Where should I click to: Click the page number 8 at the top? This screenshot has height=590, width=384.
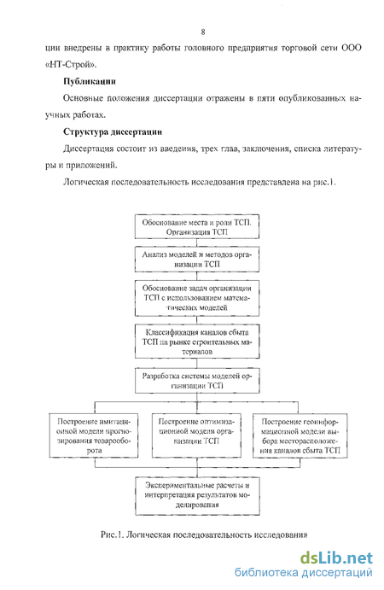click(x=203, y=32)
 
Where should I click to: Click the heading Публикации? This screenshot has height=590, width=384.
click(x=90, y=81)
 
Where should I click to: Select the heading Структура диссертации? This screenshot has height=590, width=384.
click(x=113, y=131)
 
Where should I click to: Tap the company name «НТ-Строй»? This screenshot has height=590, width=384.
click(x=71, y=64)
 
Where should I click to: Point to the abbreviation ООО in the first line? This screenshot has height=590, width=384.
click(x=352, y=48)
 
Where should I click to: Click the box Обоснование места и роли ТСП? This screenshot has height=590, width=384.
click(x=197, y=227)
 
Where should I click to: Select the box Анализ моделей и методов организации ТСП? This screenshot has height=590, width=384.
click(x=197, y=260)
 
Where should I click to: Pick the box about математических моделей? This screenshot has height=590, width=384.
click(x=197, y=298)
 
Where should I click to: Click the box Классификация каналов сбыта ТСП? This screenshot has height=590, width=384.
click(x=197, y=342)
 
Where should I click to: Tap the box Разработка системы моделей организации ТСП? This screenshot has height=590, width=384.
click(x=197, y=381)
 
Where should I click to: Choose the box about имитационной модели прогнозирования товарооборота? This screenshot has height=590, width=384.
click(x=94, y=435)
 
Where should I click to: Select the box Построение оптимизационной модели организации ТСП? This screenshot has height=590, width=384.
click(x=196, y=435)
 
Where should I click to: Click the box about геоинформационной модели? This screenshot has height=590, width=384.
click(x=300, y=435)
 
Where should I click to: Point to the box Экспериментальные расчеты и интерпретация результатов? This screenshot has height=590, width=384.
click(x=197, y=496)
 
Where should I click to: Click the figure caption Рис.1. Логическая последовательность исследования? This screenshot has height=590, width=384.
click(x=204, y=535)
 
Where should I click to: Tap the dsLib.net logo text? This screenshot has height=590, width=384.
click(x=336, y=558)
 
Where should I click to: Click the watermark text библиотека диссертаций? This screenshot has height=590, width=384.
click(x=304, y=573)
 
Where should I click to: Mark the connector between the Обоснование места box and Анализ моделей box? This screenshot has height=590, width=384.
click(x=197, y=242)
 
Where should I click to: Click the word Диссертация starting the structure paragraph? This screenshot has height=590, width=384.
click(x=89, y=149)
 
